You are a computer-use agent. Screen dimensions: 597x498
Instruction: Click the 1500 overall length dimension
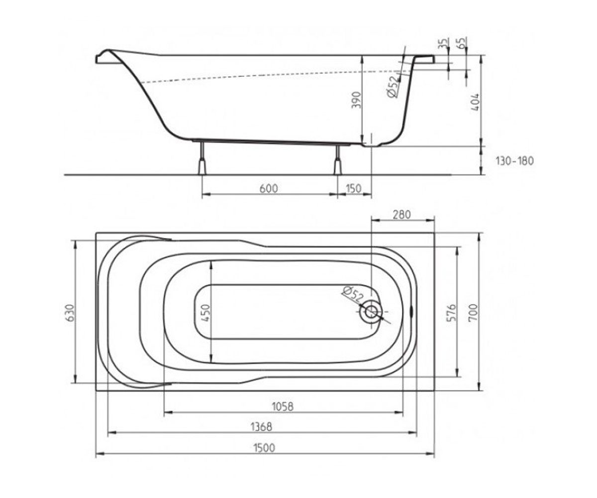pos(265,448)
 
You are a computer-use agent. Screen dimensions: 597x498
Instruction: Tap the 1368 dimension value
pos(261,427)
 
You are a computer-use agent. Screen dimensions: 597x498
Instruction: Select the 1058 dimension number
pos(283,406)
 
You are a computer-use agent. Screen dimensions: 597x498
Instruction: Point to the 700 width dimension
pos(473,312)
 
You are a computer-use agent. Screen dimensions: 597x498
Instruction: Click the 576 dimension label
pos(452,313)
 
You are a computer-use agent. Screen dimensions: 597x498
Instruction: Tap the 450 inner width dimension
pos(205,313)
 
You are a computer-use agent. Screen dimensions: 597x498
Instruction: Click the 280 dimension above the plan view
pos(401,215)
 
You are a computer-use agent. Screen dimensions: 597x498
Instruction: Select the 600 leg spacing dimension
pos(269,189)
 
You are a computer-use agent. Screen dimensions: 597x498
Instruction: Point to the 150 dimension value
pos(353,189)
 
